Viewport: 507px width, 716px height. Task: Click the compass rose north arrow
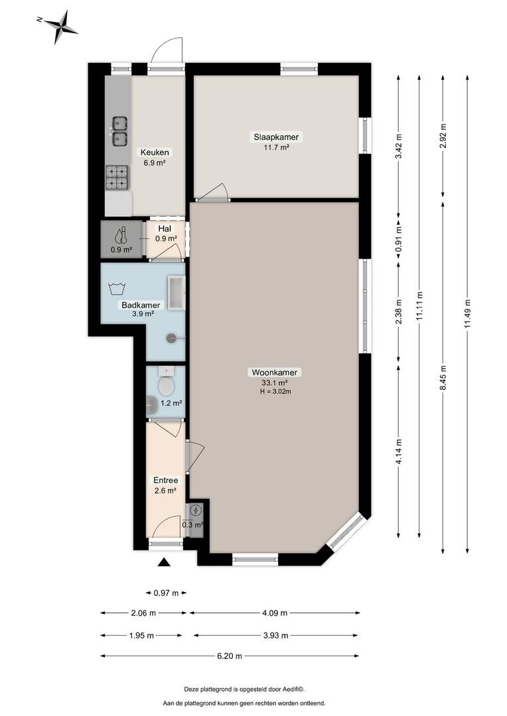(x=60, y=27)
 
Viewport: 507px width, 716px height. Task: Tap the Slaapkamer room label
(x=276, y=137)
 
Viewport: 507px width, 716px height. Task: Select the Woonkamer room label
(x=274, y=373)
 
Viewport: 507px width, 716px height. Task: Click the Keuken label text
(x=155, y=152)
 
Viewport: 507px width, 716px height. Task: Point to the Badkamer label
(x=141, y=305)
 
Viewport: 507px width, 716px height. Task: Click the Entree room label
(x=165, y=481)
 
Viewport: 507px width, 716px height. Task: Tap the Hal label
(x=165, y=229)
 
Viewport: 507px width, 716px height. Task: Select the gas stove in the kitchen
(x=117, y=177)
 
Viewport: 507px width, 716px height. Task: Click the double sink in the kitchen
(x=119, y=131)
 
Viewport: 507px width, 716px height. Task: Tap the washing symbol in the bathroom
(x=117, y=288)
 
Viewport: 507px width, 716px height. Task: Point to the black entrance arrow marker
(x=164, y=562)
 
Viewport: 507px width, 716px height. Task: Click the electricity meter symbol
(x=196, y=510)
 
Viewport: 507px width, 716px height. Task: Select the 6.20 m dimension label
(x=230, y=656)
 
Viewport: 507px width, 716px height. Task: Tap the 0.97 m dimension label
(x=165, y=593)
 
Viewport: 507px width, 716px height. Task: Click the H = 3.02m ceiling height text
(x=275, y=391)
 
